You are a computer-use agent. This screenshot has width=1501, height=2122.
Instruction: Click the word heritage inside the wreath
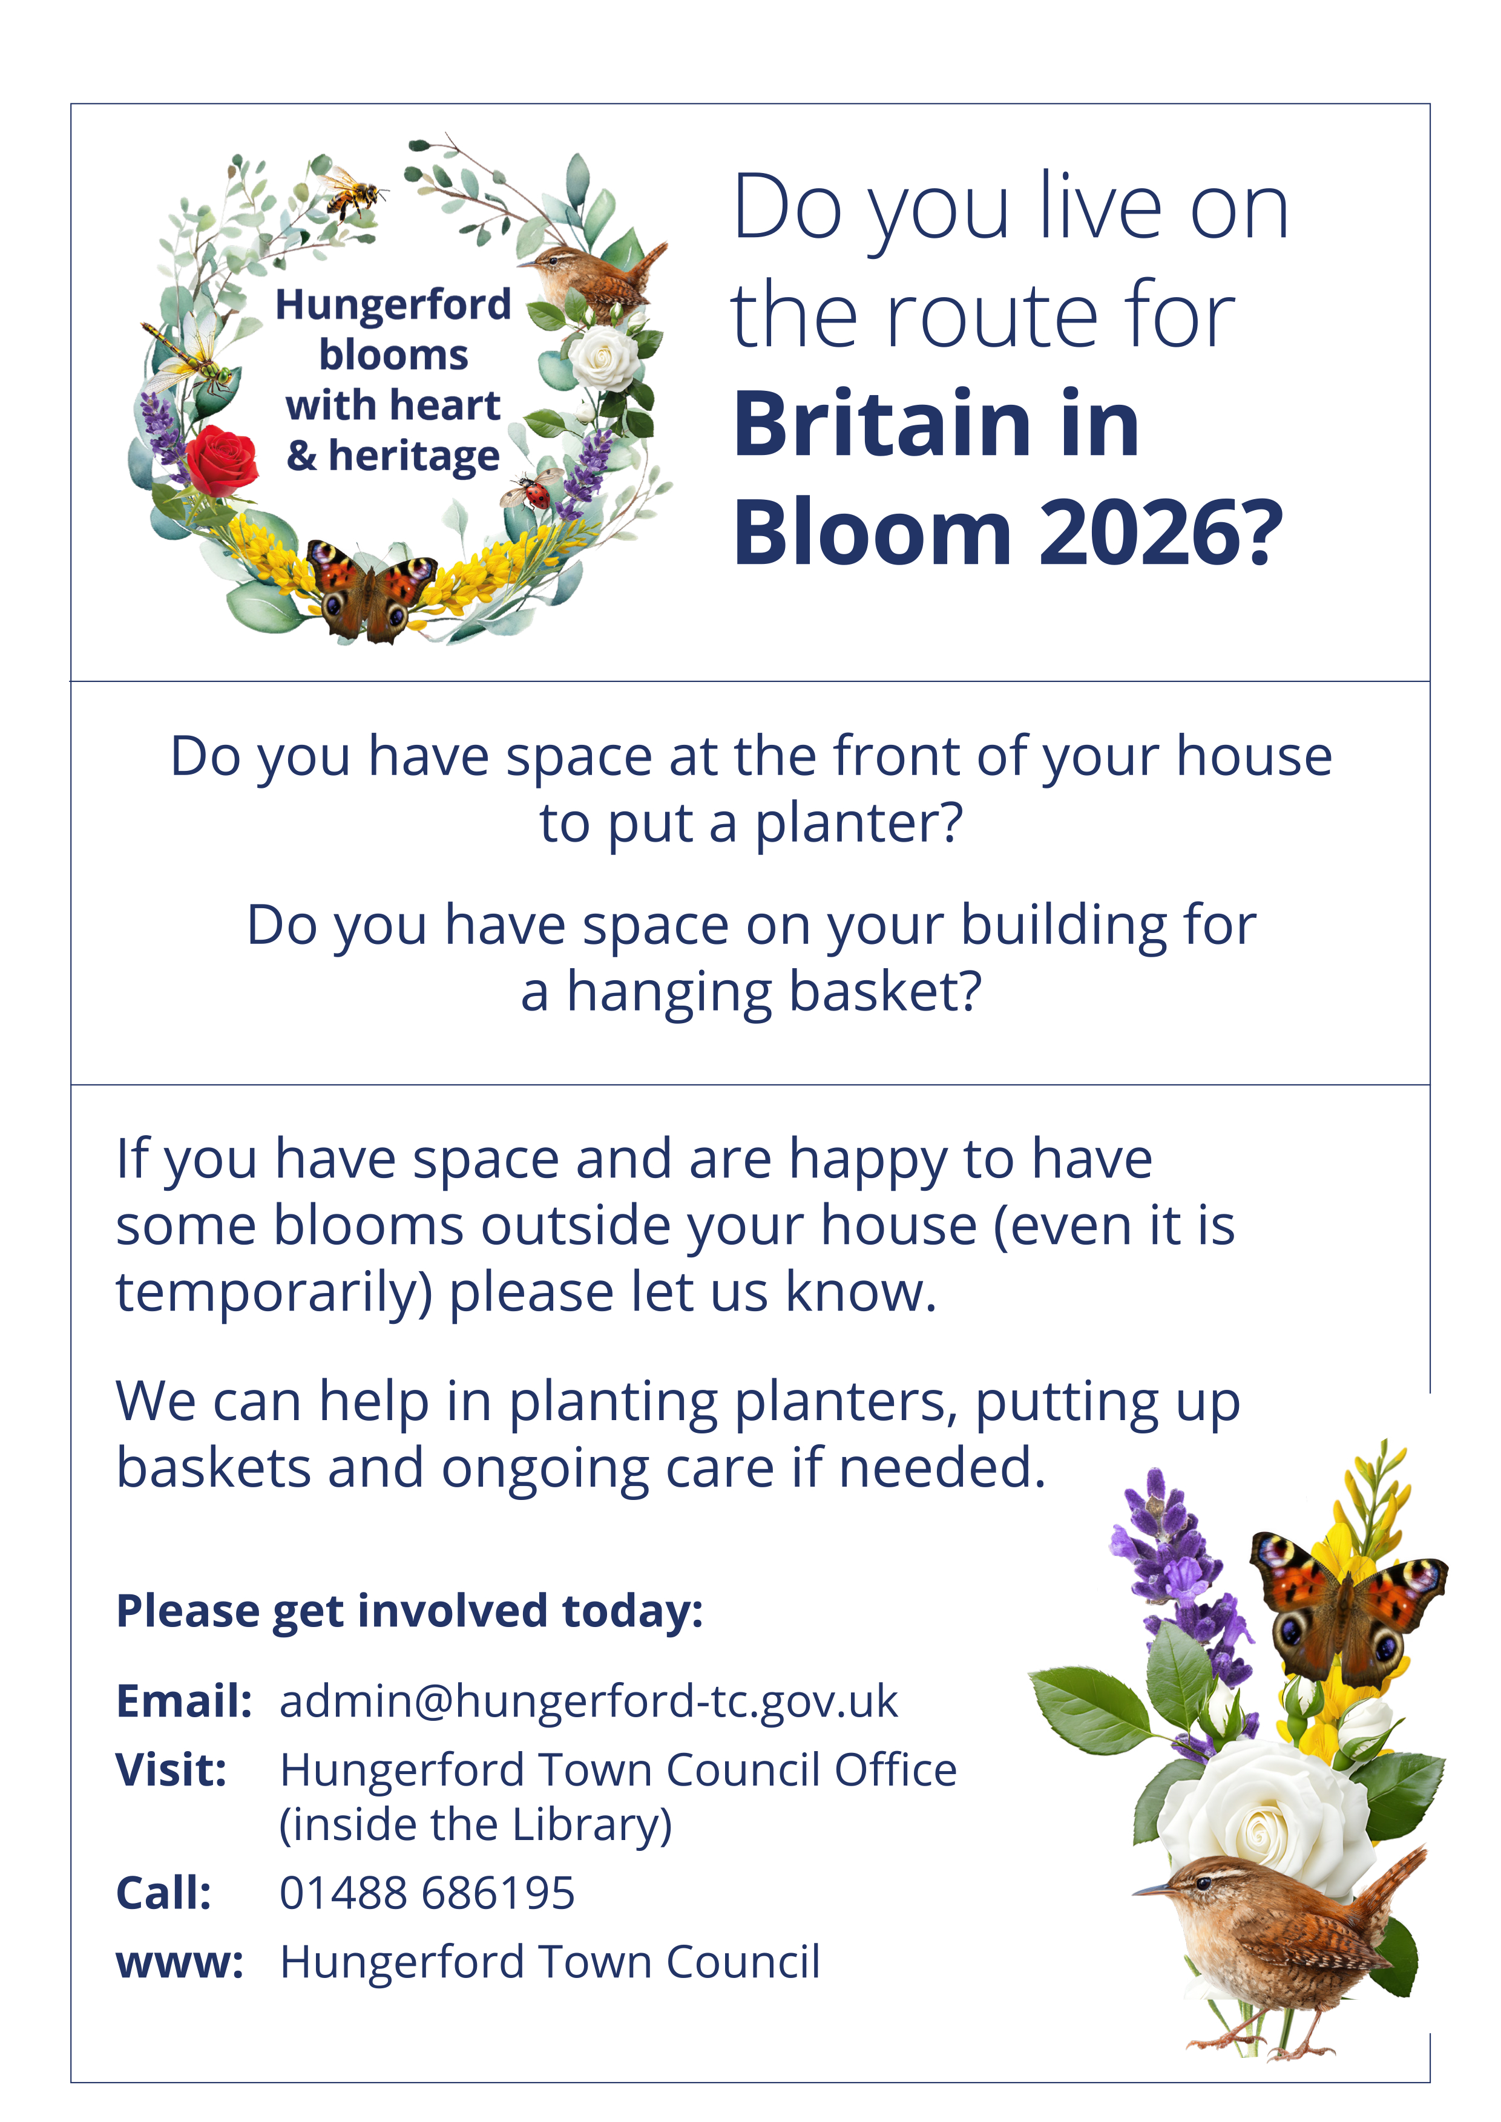(x=414, y=457)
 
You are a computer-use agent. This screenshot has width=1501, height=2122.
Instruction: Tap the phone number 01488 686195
(x=427, y=1893)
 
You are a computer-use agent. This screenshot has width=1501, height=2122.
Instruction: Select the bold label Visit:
(x=171, y=1770)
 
